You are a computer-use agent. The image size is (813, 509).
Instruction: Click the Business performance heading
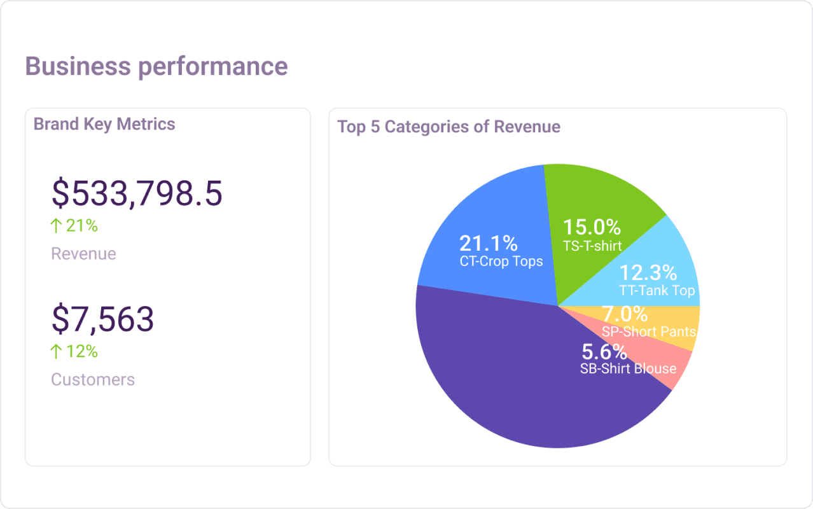coord(156,66)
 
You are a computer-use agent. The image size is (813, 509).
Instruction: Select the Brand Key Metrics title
coord(104,124)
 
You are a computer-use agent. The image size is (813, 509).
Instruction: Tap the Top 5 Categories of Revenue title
coord(448,127)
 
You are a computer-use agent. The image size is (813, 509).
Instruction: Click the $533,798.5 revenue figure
coord(137,193)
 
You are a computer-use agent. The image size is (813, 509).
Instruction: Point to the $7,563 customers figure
coord(102,319)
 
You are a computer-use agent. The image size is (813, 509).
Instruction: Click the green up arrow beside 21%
coord(57,225)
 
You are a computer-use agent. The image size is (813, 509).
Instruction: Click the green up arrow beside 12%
coord(57,351)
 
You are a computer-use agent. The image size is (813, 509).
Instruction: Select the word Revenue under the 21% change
coord(83,254)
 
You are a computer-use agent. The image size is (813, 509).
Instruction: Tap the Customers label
coord(93,380)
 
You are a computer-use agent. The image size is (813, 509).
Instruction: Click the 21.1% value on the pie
coord(488,243)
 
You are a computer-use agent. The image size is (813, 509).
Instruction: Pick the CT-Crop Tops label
coord(501,261)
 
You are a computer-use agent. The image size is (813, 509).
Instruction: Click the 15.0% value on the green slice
coord(592,227)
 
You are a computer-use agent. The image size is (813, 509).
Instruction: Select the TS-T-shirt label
coord(592,246)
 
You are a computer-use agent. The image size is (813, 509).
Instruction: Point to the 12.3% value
coord(648,272)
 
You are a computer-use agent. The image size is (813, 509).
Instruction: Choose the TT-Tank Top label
coord(657,291)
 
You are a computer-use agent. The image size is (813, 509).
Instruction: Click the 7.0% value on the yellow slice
coord(625,314)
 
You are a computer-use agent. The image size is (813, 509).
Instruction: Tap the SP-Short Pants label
coord(649,331)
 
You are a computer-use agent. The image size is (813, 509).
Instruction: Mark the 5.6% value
coord(604,352)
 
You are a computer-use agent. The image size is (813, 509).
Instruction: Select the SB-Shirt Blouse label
coord(628,369)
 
